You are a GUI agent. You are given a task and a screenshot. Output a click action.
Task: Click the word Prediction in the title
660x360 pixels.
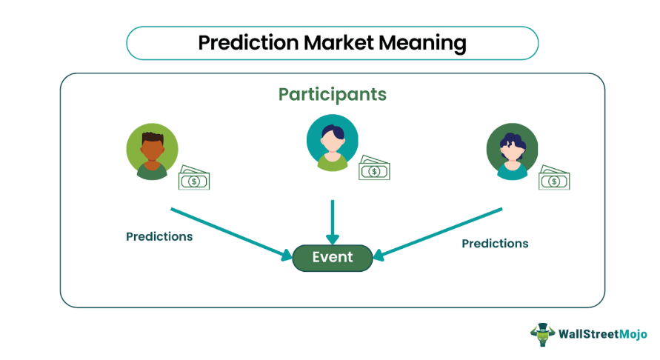[x=247, y=43]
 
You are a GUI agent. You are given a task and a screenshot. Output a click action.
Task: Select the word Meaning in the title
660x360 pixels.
[x=423, y=43]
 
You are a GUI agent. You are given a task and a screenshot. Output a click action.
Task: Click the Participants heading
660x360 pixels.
[x=332, y=95]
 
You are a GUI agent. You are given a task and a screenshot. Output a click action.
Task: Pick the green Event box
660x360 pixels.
[x=332, y=258]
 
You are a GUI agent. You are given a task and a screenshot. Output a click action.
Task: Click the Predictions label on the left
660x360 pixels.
[x=159, y=237]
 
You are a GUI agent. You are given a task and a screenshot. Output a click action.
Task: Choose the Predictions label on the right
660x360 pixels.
[x=495, y=243]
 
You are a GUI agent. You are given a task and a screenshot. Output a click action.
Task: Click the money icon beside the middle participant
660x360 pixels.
[x=374, y=170]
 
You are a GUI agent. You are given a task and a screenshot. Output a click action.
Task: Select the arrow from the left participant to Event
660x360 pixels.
[x=230, y=233]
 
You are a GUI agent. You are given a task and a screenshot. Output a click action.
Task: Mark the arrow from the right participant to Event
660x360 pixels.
[x=437, y=233]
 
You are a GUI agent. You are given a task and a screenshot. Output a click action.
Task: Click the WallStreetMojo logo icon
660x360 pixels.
[x=543, y=334]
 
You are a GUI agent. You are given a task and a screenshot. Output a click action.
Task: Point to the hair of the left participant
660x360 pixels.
[x=152, y=137]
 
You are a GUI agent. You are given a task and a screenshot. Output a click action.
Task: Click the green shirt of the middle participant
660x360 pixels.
[x=332, y=162]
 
